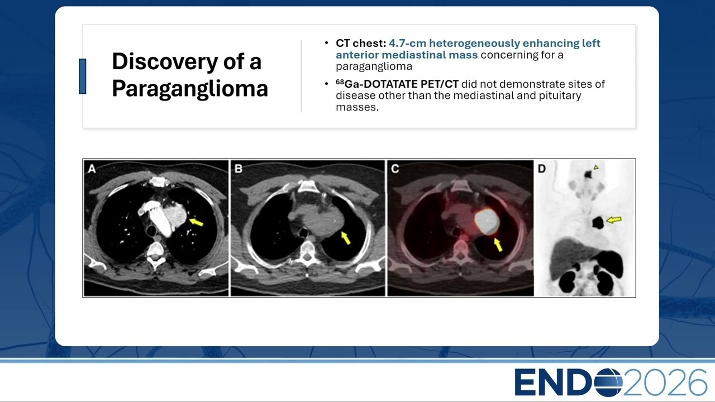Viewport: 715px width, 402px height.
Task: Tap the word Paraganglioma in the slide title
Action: [190, 89]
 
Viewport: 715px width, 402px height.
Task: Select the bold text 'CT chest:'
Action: [361, 44]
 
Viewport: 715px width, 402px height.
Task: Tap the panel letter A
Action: [92, 169]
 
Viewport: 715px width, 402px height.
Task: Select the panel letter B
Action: [238, 169]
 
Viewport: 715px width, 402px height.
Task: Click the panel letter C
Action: [395, 169]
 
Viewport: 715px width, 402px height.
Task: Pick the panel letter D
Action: [542, 169]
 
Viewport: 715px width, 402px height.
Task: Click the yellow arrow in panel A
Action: [196, 222]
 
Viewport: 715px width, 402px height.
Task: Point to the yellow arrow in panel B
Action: [346, 238]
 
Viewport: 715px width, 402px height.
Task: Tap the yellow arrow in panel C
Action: [498, 245]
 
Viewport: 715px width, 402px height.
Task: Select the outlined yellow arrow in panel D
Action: [614, 219]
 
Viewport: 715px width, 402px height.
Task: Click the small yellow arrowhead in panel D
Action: [596, 167]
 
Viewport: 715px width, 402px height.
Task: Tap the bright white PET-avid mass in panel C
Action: [487, 221]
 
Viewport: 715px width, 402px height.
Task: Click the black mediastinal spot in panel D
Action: [598, 222]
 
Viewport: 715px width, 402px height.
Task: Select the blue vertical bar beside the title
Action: [82, 76]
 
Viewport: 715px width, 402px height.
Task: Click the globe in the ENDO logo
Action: [609, 382]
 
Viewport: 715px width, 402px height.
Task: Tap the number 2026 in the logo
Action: [665, 382]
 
